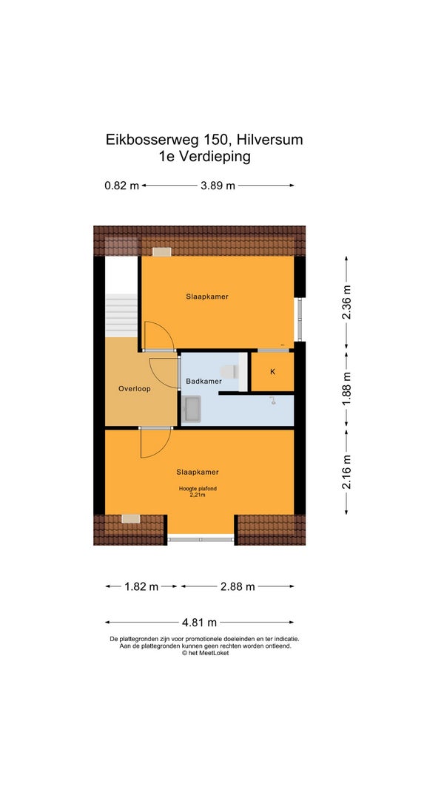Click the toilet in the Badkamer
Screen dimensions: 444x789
click(231, 371)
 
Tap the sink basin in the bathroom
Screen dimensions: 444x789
click(193, 408)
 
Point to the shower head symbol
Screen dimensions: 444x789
click(272, 401)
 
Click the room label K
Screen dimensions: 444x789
click(273, 372)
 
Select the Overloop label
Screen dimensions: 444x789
click(135, 388)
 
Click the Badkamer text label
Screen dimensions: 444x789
click(203, 382)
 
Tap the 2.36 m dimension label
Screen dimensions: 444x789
click(346, 302)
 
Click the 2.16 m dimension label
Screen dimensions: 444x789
click(346, 471)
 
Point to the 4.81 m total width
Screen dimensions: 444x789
click(199, 623)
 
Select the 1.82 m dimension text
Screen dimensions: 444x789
click(141, 586)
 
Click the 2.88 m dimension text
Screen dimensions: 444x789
click(238, 586)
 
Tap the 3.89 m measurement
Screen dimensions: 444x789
click(218, 185)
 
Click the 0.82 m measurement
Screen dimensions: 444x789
click(122, 185)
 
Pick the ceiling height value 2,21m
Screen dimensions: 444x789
click(198, 495)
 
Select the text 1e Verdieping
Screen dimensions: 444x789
click(204, 157)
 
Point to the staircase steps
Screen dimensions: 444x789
click(121, 316)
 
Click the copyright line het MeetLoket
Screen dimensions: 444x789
click(205, 653)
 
